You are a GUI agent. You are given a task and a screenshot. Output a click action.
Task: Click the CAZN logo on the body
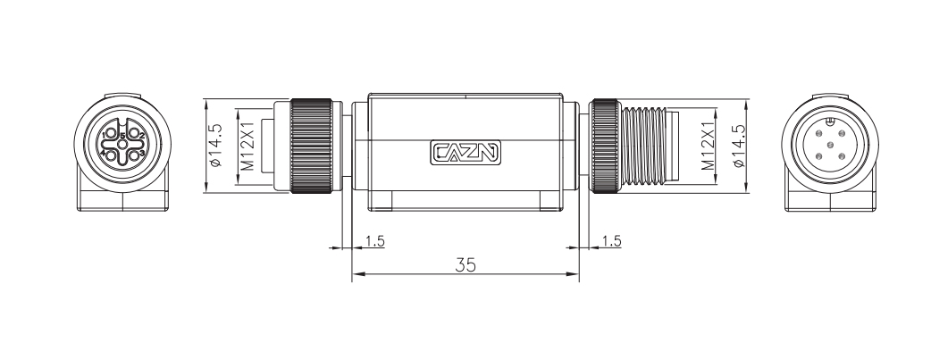click(465, 153)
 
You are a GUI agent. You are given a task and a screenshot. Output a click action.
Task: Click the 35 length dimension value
click(465, 265)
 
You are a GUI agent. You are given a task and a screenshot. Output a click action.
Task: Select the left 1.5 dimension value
click(374, 241)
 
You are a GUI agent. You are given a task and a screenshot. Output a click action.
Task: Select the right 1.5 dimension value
click(611, 241)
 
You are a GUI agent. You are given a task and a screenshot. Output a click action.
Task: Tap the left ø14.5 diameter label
click(215, 147)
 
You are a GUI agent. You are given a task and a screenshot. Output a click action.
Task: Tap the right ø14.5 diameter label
click(738, 147)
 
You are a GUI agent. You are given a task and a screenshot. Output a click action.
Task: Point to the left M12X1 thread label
click(249, 147)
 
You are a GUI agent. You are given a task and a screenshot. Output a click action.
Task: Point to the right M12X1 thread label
click(705, 147)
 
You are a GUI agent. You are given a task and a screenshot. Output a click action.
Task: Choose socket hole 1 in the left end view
click(110, 134)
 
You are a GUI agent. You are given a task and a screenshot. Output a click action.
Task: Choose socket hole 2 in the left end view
click(135, 134)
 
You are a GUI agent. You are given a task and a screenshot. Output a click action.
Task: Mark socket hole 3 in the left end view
click(135, 155)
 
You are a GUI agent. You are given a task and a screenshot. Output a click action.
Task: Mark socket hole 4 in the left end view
click(110, 155)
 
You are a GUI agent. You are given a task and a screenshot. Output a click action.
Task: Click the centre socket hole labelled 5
click(122, 144)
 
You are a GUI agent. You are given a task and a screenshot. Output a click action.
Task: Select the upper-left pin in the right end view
click(818, 134)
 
